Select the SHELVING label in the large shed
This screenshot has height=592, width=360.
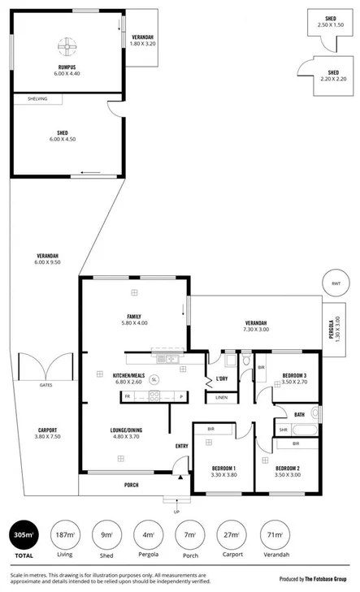pyautogui.click(x=37, y=99)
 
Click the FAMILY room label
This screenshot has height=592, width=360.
pyautogui.click(x=134, y=317)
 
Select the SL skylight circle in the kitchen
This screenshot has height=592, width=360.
pyautogui.click(x=154, y=379)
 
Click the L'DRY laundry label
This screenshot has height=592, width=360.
pyautogui.click(x=221, y=378)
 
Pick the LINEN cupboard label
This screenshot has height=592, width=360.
pyautogui.click(x=221, y=398)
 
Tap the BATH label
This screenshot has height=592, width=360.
pyautogui.click(x=299, y=414)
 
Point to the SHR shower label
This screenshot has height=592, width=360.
pyautogui.click(x=283, y=430)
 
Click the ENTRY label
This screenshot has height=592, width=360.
pyautogui.click(x=182, y=446)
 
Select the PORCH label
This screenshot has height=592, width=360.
pyautogui.click(x=131, y=485)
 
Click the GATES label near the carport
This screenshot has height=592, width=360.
pyautogui.click(x=46, y=385)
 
